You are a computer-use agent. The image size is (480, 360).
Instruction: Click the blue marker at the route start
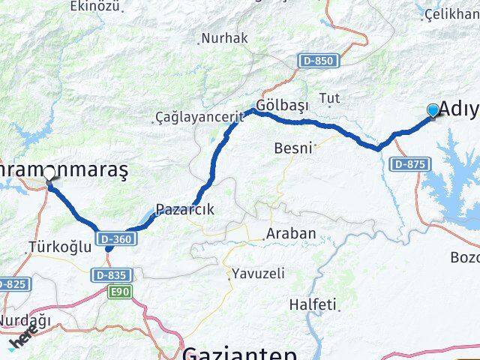[433, 111]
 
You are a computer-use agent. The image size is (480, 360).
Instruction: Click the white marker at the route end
[49, 173]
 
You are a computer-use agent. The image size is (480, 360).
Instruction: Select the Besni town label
[292, 148]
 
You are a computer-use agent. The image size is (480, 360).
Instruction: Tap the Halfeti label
[315, 305]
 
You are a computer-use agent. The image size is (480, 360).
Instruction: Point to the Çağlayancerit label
[189, 117]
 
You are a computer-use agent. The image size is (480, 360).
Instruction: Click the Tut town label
[329, 98]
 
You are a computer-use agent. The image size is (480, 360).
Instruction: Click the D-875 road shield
[409, 163]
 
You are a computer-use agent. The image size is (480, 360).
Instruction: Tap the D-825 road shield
[12, 284]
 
